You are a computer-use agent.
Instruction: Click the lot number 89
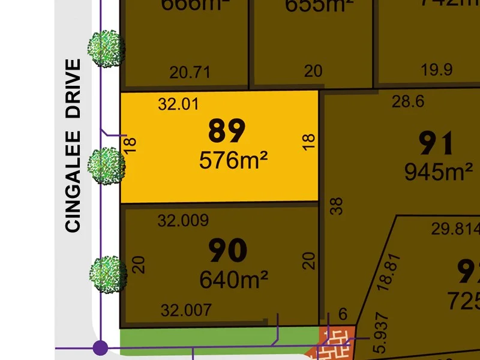coord(227,131)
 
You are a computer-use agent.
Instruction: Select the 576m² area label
coord(233,160)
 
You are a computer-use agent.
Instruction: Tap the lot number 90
coord(227,251)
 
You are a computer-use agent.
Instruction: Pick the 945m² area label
coord(438,173)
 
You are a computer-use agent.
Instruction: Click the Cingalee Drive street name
coord(73,145)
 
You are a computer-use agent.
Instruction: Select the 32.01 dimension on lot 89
coord(178,104)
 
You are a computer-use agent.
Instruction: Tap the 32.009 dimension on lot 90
coord(183,220)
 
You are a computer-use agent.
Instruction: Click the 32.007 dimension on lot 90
coord(186,310)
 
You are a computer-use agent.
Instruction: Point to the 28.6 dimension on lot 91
coord(408,102)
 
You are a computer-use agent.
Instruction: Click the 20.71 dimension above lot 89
coord(190,73)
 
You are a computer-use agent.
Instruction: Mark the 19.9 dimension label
coord(436,70)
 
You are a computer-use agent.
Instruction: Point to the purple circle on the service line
coord(100,347)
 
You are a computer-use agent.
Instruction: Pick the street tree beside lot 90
coord(109,274)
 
